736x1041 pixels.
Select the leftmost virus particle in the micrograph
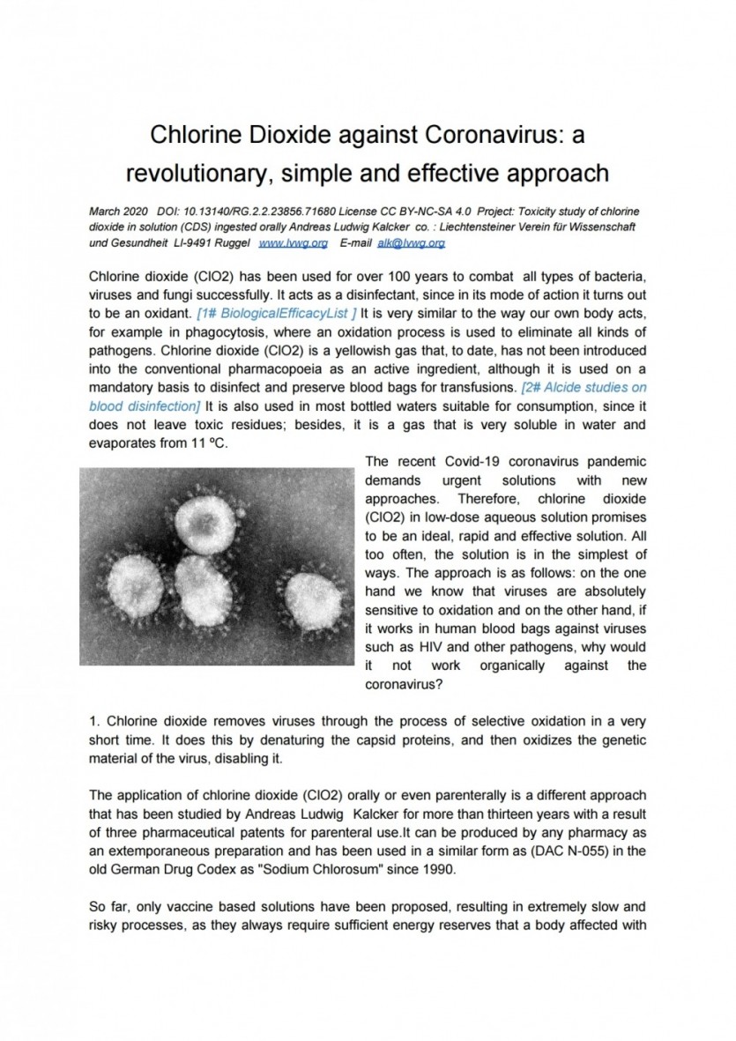click(x=135, y=584)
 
